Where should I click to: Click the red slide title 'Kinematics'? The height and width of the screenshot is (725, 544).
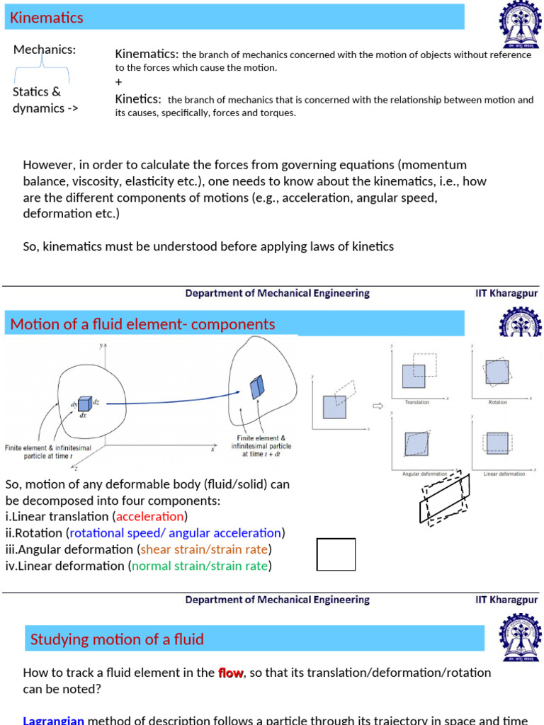tap(47, 18)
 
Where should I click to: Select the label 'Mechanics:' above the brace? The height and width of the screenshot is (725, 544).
tap(45, 50)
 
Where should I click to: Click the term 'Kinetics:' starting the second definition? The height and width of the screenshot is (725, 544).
tap(138, 100)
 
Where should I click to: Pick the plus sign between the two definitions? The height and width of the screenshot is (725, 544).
tap(118, 82)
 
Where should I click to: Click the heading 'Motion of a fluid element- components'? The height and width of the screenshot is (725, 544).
tap(142, 324)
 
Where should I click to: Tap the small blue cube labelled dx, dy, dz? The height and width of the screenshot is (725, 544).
tap(84, 404)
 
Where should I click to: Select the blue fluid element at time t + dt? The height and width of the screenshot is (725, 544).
tap(256, 387)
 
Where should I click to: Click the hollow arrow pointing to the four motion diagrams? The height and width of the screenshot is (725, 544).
tap(377, 406)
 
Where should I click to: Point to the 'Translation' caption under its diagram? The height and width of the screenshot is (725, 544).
tap(416, 401)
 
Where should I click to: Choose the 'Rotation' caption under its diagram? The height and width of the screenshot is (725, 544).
tap(497, 401)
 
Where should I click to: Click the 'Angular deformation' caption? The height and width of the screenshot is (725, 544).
tap(424, 474)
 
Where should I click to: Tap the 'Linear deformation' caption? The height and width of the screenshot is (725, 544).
tap(504, 474)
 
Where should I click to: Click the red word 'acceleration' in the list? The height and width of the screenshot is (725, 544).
tap(149, 517)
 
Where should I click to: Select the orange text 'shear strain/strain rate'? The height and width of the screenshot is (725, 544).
tap(204, 549)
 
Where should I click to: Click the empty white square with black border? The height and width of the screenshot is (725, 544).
tap(336, 554)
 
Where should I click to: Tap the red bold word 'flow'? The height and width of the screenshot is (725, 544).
tap(231, 673)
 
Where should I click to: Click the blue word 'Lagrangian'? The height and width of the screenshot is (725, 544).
tap(54, 720)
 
